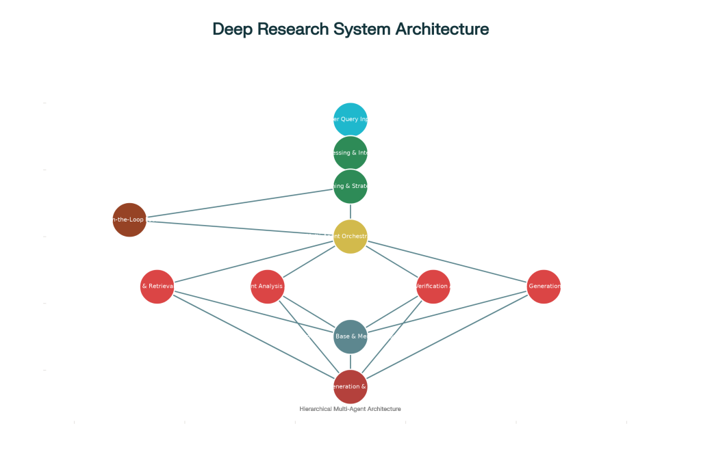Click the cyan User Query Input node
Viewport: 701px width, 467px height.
350,120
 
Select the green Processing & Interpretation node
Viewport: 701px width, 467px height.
350,153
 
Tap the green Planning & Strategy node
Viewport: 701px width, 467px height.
350,187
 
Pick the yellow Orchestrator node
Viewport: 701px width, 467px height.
350,237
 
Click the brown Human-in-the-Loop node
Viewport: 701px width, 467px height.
129,219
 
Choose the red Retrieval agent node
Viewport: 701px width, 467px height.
157,286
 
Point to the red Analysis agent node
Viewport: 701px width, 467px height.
268,286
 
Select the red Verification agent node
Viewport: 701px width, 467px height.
433,286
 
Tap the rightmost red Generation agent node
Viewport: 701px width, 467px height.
544,286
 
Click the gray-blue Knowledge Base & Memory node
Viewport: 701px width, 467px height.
350,336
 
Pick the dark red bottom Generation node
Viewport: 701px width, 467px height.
350,387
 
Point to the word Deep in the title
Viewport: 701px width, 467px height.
232,29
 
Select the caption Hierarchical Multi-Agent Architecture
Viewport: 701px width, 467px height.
350,409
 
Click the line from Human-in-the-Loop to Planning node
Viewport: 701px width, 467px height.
240,203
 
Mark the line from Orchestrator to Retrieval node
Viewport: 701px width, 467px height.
253,261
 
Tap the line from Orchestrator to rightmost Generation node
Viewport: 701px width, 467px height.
448,262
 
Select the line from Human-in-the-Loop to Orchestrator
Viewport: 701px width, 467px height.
240,228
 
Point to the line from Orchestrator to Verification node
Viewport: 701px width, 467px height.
392,262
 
